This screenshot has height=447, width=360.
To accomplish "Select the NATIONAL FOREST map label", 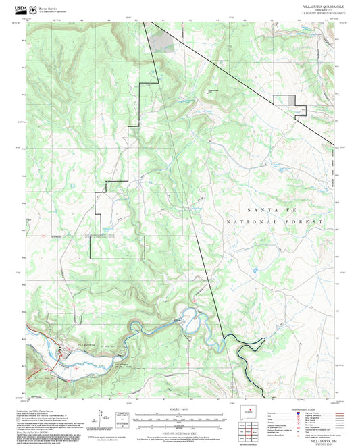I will [x=275, y=221].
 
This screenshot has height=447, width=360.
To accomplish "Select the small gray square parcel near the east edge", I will [x=291, y=99].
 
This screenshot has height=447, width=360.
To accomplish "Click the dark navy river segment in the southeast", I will [x=245, y=351].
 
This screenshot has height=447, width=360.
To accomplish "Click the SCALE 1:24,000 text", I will [x=180, y=409].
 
